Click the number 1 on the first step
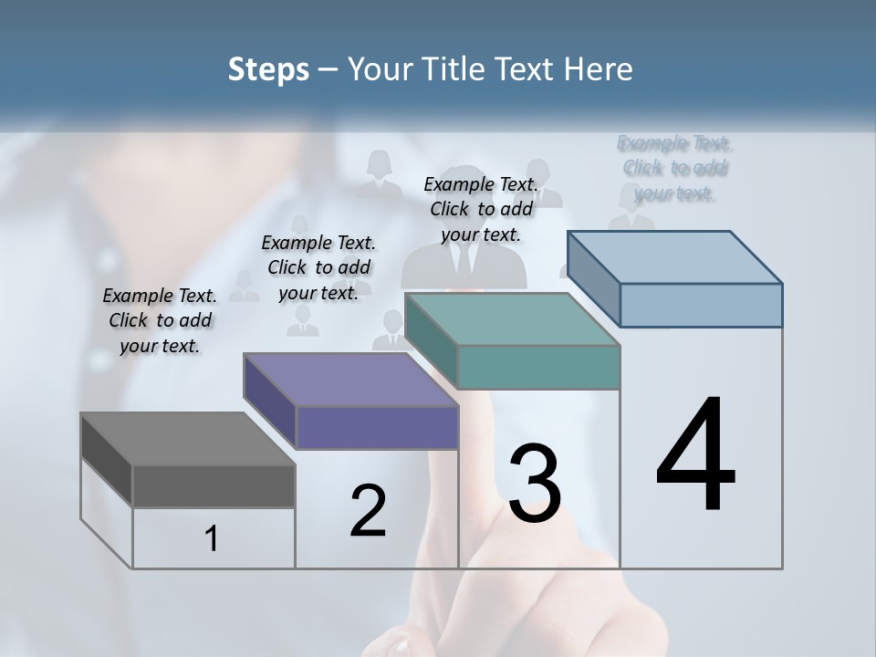(x=212, y=539)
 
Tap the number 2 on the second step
(x=368, y=511)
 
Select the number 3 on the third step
(x=535, y=484)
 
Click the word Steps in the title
(x=268, y=69)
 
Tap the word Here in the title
(x=600, y=69)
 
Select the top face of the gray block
(x=187, y=439)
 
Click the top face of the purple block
(x=350, y=380)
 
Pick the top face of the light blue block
(x=675, y=257)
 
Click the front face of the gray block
(x=214, y=486)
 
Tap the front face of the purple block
(x=377, y=427)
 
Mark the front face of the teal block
(x=538, y=368)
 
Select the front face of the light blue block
(x=701, y=305)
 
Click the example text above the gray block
(x=160, y=320)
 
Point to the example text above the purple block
(x=318, y=267)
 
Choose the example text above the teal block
(x=481, y=209)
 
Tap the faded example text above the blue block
(x=675, y=168)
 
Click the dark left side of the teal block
(x=431, y=339)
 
